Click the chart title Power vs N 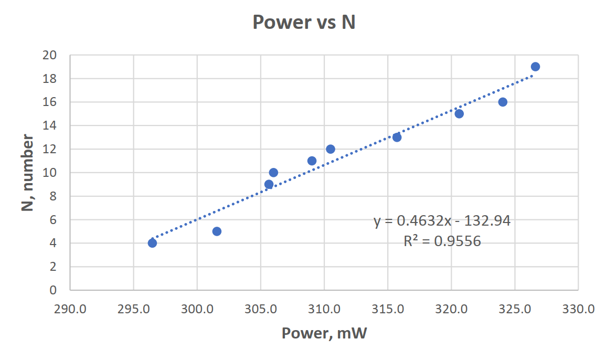point(304,22)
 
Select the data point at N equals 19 point(535,67)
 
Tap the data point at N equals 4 point(152,243)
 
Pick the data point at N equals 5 point(217,231)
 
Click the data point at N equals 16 point(503,102)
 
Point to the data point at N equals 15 point(459,114)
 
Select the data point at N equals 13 point(397,137)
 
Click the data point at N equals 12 point(331,149)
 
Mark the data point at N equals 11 point(312,161)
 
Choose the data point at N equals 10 point(273,173)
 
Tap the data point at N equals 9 point(269,184)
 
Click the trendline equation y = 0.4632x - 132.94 point(442,221)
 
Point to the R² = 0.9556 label point(442,241)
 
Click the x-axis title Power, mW point(324,333)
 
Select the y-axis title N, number point(27,173)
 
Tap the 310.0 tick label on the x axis point(324,309)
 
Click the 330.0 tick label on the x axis point(578,309)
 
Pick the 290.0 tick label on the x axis point(70,309)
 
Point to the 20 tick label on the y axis point(49,55)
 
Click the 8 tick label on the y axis point(53,196)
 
